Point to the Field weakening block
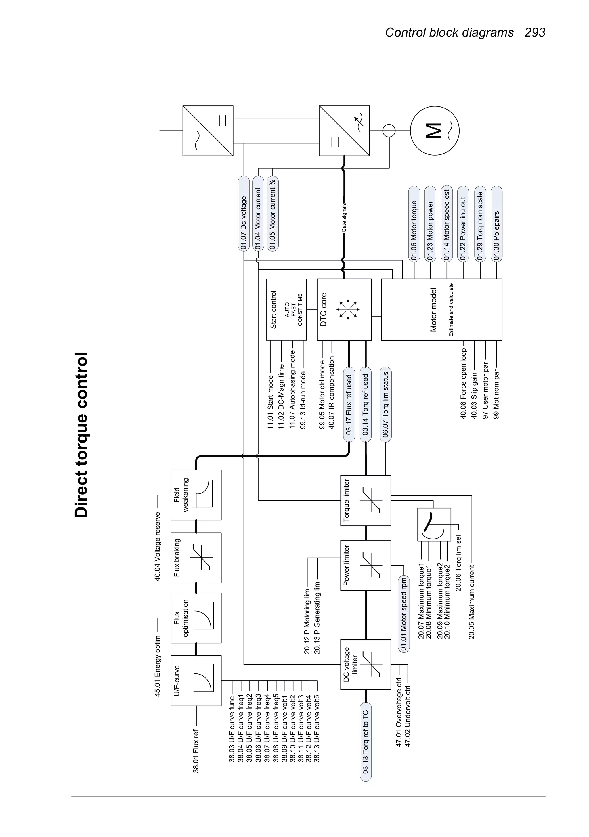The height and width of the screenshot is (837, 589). (196, 495)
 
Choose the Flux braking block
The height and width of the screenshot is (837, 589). (196, 558)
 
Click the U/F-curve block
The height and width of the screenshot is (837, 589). (196, 681)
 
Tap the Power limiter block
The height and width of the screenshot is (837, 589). (366, 565)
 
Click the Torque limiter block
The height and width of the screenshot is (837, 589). (366, 500)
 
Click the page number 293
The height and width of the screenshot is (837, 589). (535, 32)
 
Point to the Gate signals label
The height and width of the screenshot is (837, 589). (344, 218)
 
